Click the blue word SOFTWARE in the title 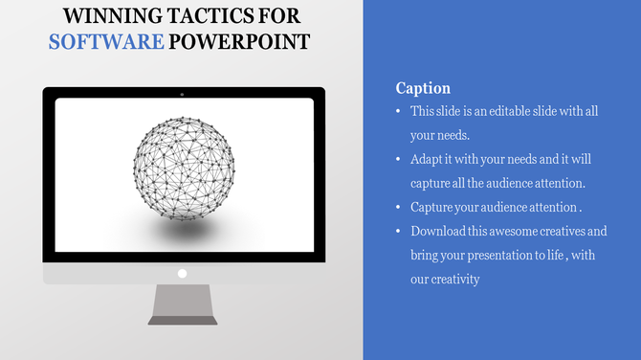(x=106, y=42)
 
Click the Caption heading (x=423, y=88)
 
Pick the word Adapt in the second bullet (x=429, y=159)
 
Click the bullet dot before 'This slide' (x=399, y=112)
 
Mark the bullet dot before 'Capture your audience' (x=399, y=207)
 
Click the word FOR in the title (x=276, y=16)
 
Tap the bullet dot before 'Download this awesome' (x=399, y=231)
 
